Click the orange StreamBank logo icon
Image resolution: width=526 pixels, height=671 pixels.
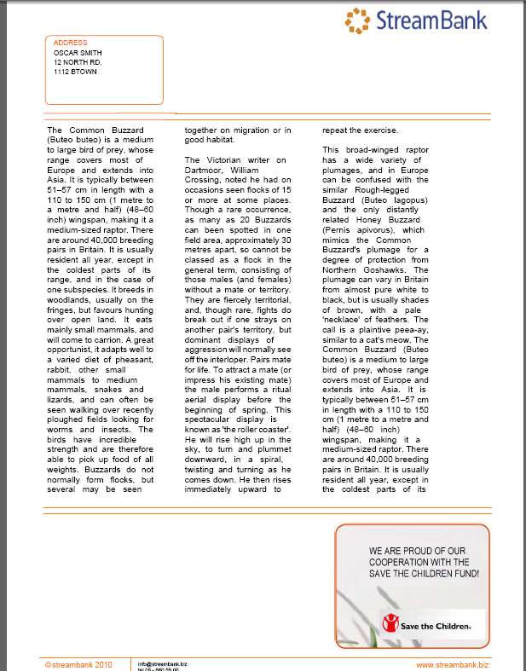358,20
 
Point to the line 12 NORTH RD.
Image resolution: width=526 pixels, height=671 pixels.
78,62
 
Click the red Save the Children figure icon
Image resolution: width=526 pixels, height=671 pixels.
390,624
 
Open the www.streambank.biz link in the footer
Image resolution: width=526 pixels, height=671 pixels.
452,663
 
